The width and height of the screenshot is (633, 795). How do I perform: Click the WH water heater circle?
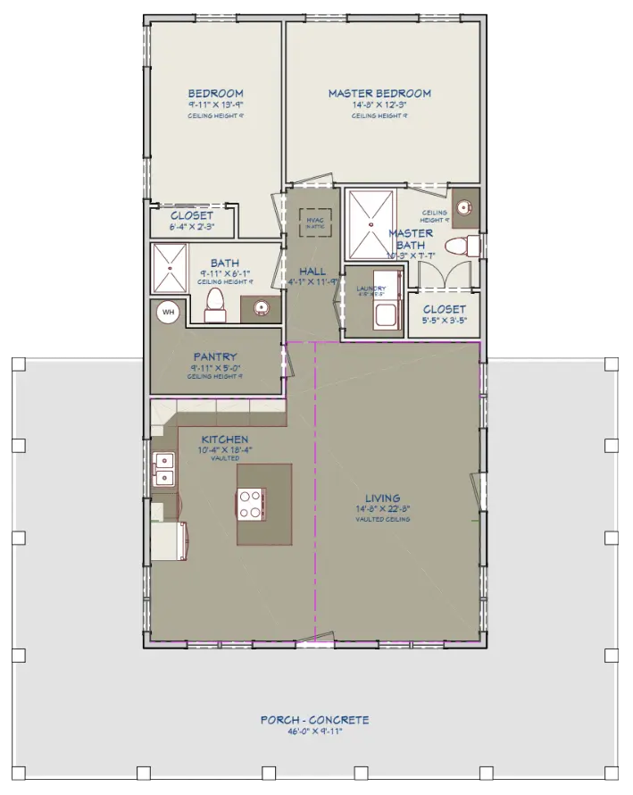click(x=167, y=313)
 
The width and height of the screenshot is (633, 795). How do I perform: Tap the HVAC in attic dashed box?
click(x=314, y=222)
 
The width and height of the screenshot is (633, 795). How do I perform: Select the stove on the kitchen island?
click(x=250, y=505)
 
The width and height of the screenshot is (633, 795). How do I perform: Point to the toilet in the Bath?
click(x=215, y=305)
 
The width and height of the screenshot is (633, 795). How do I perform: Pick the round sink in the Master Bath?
click(x=463, y=207)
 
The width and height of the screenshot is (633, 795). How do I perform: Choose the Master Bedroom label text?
click(x=379, y=94)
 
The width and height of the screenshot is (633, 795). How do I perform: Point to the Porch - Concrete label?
click(x=314, y=720)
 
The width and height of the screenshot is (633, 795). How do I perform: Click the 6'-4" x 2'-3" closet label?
click(x=192, y=227)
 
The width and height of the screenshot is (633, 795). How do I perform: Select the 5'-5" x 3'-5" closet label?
click(x=444, y=321)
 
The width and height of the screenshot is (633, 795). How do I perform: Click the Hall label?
click(x=312, y=272)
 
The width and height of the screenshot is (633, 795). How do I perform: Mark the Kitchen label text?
click(x=224, y=439)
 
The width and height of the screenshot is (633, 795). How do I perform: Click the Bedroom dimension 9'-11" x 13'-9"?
click(x=215, y=105)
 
